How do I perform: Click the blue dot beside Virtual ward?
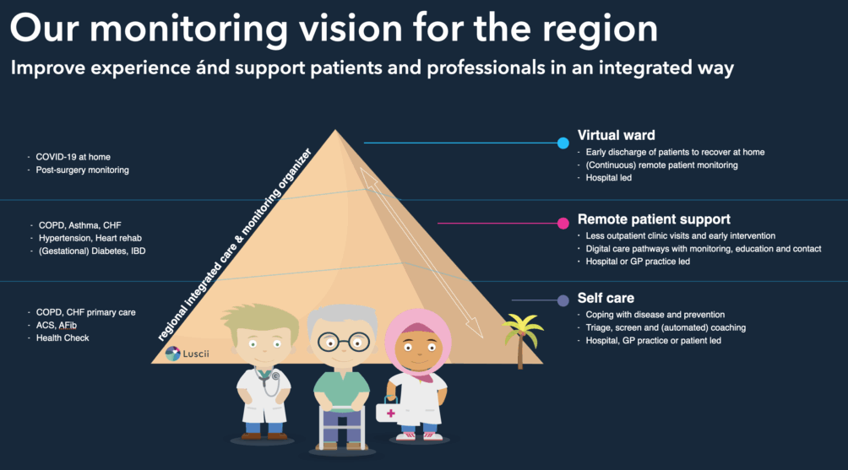point(563,143)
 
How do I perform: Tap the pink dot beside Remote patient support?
point(563,224)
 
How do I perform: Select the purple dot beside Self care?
point(563,300)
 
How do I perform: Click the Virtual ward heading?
point(616,135)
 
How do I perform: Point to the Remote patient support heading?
point(654,219)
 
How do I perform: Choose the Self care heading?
point(606,298)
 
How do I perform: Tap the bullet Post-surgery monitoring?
point(82,170)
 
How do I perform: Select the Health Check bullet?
point(63,338)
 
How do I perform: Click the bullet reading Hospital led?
point(609,178)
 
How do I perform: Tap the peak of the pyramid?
point(335,132)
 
